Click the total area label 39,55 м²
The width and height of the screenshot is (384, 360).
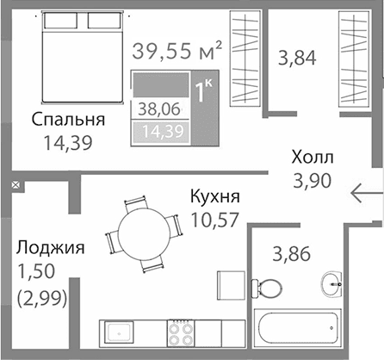pos(177,50)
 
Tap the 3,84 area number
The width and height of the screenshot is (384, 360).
pos(298,59)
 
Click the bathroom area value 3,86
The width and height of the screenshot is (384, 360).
pos(292,254)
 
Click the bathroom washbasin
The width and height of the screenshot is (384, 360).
pos(332,282)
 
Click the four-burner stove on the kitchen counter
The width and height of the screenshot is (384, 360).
pos(182,332)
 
